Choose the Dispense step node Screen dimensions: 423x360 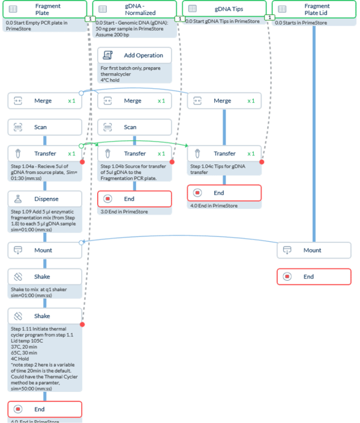(x=45, y=198)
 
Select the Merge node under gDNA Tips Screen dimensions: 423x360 (x=224, y=101)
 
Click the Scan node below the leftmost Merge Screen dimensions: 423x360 (x=45, y=127)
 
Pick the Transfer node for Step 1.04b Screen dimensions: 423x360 (x=135, y=154)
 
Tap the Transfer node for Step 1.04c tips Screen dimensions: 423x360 (x=224, y=154)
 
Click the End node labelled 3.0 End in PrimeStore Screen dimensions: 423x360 (x=135, y=199)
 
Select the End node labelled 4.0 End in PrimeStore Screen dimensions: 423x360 (x=224, y=193)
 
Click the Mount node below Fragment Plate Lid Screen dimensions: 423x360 (x=314, y=250)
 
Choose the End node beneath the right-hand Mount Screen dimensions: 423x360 (x=314, y=277)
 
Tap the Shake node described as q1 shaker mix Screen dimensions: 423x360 (x=45, y=277)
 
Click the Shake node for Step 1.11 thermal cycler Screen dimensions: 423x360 (x=45, y=316)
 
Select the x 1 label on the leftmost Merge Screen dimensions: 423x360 (x=72, y=101)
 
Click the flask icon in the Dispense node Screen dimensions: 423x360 (x=18, y=198)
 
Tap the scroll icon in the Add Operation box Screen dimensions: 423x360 (x=109, y=55)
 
